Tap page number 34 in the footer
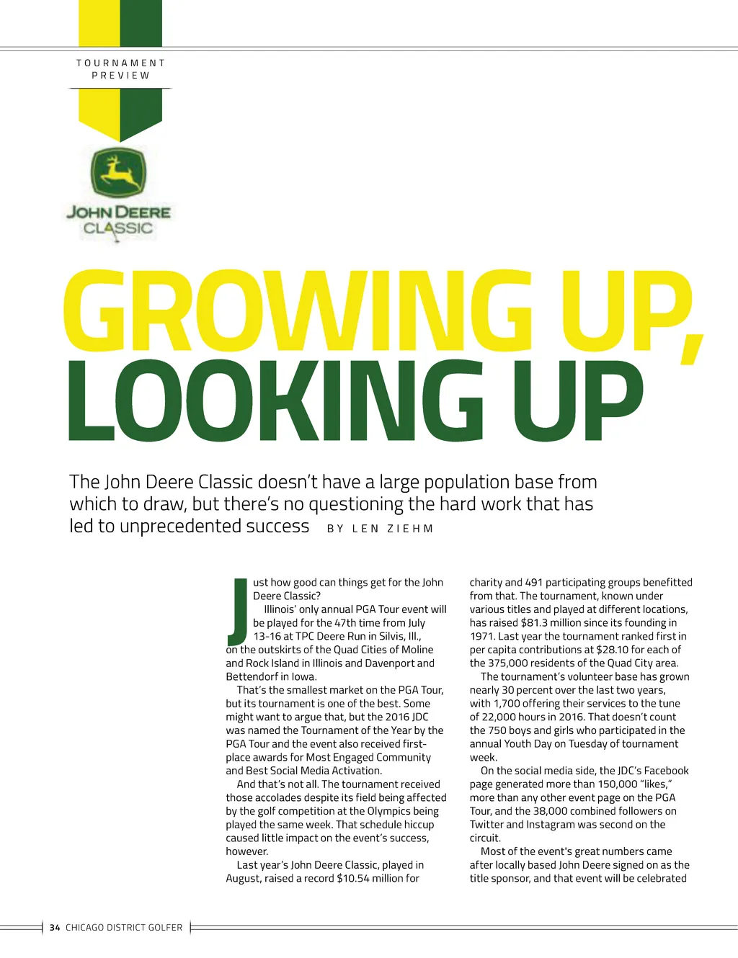click(x=55, y=928)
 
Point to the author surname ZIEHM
click(x=410, y=529)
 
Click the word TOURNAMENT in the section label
click(x=121, y=63)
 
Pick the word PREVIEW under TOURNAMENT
click(x=121, y=76)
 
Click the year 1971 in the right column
click(x=482, y=636)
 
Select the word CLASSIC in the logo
click(x=118, y=228)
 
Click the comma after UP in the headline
click(x=690, y=351)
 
